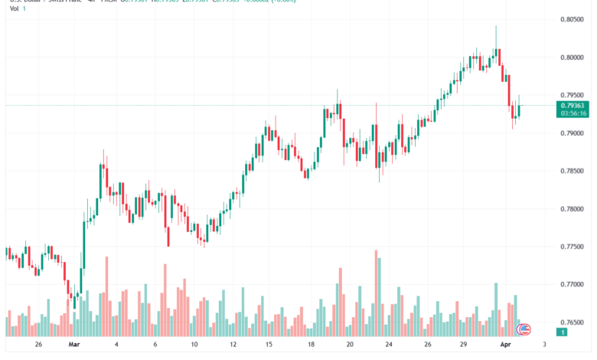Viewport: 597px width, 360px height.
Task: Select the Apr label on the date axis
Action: pyautogui.click(x=505, y=345)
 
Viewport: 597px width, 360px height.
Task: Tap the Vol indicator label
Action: pyautogui.click(x=15, y=8)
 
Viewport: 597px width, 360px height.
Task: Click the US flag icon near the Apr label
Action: pyautogui.click(x=525, y=330)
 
